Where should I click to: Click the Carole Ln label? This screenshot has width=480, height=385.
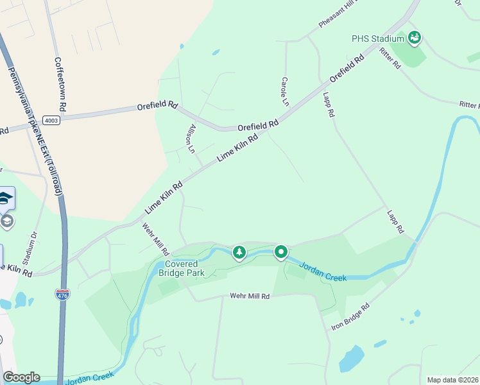coord(284,91)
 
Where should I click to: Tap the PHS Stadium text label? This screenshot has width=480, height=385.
coord(378,38)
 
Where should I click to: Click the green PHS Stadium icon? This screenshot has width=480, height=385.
coord(415,38)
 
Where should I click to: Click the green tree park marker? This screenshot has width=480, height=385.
coord(239,253)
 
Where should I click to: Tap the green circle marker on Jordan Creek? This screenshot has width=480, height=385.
coord(281,252)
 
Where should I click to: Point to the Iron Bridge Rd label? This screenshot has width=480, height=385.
coord(351,317)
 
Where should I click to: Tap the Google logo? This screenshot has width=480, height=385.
coord(21,377)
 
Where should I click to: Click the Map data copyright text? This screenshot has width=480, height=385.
coord(452,380)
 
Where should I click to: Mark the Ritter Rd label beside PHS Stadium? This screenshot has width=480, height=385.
coord(390,58)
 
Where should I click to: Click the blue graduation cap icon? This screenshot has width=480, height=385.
coord(5,198)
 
